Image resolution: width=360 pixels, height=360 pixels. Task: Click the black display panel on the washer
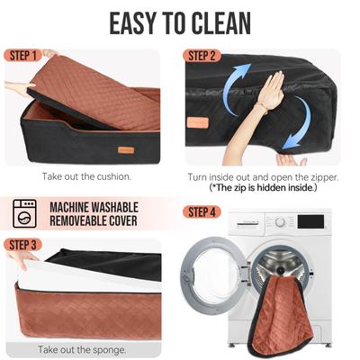[x=310, y=221]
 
